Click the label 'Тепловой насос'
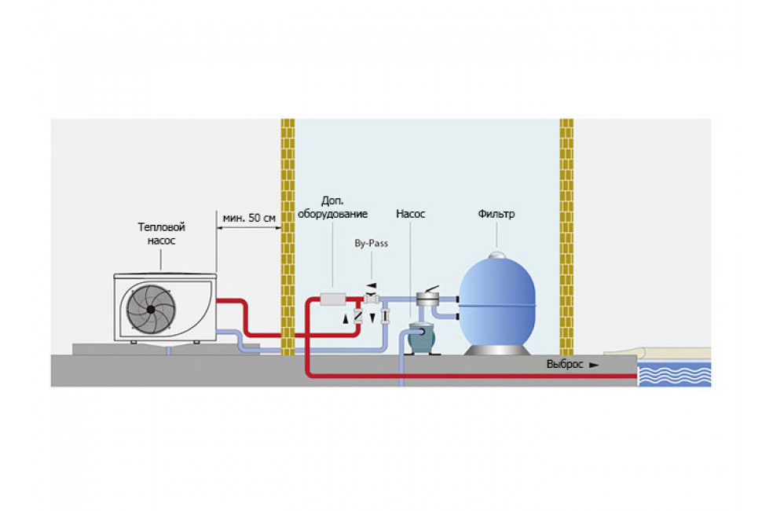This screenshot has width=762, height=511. click(161, 233)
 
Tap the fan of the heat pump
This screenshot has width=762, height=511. click(151, 309)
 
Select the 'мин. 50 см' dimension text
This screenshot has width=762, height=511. click(249, 218)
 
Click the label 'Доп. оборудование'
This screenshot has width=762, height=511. click(333, 208)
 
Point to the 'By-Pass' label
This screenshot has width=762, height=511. click(372, 243)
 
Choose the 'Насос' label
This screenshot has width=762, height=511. click(411, 214)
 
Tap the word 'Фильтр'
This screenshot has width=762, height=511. click(496, 214)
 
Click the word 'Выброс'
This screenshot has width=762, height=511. click(565, 364)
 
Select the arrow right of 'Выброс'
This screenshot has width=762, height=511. click(595, 365)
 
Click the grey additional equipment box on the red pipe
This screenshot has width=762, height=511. click(333, 299)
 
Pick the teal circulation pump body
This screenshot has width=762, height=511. click(421, 338)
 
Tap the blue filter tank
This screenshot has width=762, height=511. click(497, 303)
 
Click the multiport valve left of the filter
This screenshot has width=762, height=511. click(428, 297)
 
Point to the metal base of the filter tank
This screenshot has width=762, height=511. click(497, 350)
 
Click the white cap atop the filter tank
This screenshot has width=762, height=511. click(497, 255)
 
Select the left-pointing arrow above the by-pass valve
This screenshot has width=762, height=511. click(372, 285)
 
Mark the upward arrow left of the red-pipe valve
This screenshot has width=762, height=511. click(346, 319)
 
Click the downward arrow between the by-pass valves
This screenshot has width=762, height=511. click(372, 318)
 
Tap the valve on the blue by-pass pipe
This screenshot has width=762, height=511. click(386, 316)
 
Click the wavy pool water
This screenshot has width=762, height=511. click(674, 374)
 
